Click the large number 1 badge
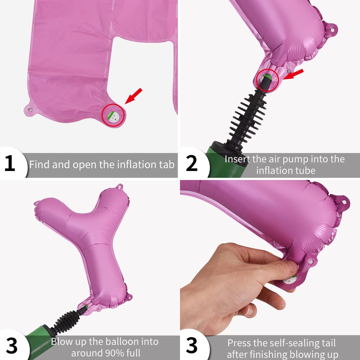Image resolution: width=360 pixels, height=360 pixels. click(x=10, y=163)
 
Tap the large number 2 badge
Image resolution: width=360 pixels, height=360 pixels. click(x=192, y=163)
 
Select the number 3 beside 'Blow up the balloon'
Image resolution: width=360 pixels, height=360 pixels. click(x=12, y=346)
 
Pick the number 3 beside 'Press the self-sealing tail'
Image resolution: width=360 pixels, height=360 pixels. click(x=192, y=345)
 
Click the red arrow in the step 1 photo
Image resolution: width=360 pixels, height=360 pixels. click(x=134, y=96)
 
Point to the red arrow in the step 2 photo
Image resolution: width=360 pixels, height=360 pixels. click(x=293, y=75)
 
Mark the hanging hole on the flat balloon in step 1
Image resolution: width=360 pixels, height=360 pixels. click(x=31, y=110)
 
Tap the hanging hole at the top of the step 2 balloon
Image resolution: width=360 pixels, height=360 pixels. click(x=332, y=30)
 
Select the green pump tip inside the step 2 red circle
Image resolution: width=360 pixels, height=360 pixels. click(x=267, y=76)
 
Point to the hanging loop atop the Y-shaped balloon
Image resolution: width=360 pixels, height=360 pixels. click(x=120, y=186)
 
